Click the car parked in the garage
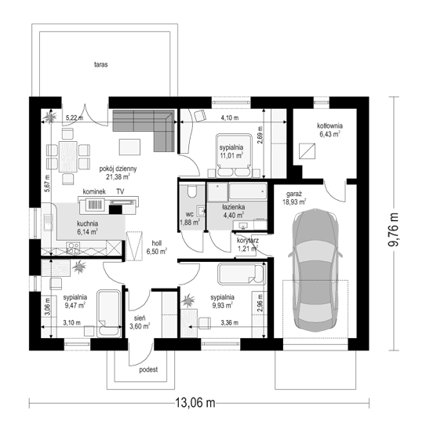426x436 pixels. coord(315,270)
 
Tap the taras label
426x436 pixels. coord(100,64)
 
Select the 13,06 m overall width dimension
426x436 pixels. coord(195,402)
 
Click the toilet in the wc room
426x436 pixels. coord(192,191)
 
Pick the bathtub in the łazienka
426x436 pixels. coord(247,191)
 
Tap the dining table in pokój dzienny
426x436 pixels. coord(68,156)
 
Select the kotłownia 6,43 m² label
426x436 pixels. coord(330,130)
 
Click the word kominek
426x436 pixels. coord(94,191)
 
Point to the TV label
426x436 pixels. coord(120,191)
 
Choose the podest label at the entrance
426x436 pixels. coord(148,369)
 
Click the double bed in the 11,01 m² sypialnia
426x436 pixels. coord(234,156)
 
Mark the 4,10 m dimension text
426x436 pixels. coord(230,118)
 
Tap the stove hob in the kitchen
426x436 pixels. coord(73,249)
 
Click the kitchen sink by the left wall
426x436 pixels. coord(48,223)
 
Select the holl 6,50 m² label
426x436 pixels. coord(157,247)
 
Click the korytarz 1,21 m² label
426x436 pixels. coord(248,244)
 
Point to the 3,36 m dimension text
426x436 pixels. coord(230,322)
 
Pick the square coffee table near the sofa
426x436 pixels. coord(129,147)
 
